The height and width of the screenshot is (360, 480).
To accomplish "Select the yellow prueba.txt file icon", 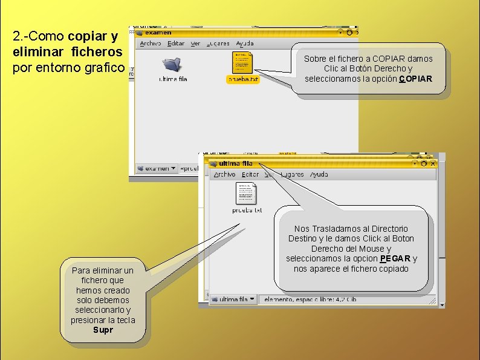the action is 242,62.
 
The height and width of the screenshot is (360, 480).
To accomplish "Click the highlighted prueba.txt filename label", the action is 242,79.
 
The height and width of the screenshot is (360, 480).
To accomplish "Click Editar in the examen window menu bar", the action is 176,44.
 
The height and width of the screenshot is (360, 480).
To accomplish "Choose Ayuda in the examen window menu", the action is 245,44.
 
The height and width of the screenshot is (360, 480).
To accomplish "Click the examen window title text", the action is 158,32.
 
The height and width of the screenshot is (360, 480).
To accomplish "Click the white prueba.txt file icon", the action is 246,194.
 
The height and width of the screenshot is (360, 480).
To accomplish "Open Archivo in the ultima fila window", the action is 224,174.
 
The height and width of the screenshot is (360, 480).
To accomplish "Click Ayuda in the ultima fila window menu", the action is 319,174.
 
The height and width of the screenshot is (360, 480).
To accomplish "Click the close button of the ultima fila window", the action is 432,163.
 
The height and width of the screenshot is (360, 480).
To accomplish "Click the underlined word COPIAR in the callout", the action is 416,79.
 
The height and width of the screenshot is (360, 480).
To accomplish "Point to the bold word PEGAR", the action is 395,258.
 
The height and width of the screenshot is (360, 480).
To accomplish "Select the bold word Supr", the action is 103,330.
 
